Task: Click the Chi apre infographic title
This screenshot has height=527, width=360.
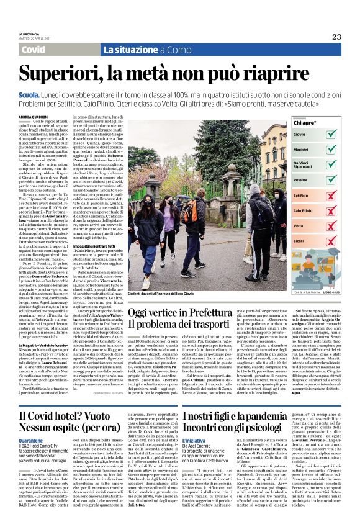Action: pyautogui.click(x=302, y=122)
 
